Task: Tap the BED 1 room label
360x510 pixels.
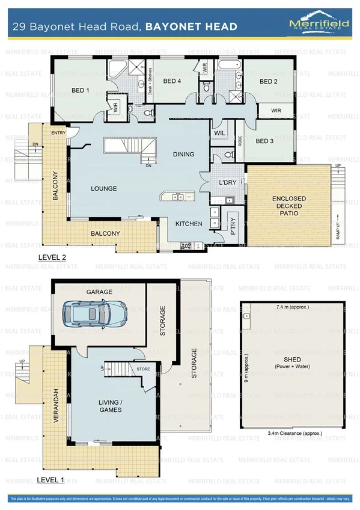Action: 81,91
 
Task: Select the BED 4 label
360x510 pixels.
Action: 172,81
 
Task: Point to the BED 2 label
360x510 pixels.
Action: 268,81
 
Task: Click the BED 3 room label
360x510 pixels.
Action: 264,141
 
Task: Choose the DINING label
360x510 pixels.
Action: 183,154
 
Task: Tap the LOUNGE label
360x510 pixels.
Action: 103,188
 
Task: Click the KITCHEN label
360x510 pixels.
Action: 188,224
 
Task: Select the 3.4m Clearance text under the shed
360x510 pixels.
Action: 294,432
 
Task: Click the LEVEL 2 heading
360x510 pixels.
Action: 52,257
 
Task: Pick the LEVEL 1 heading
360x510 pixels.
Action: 51,480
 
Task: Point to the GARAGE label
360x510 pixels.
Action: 99,292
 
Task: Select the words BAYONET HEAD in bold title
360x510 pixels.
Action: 191,26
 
